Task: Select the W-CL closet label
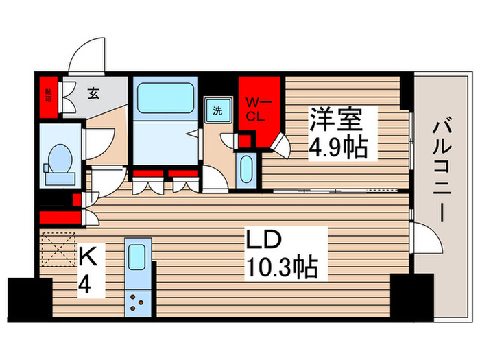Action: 255,109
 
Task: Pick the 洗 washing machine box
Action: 217,111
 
